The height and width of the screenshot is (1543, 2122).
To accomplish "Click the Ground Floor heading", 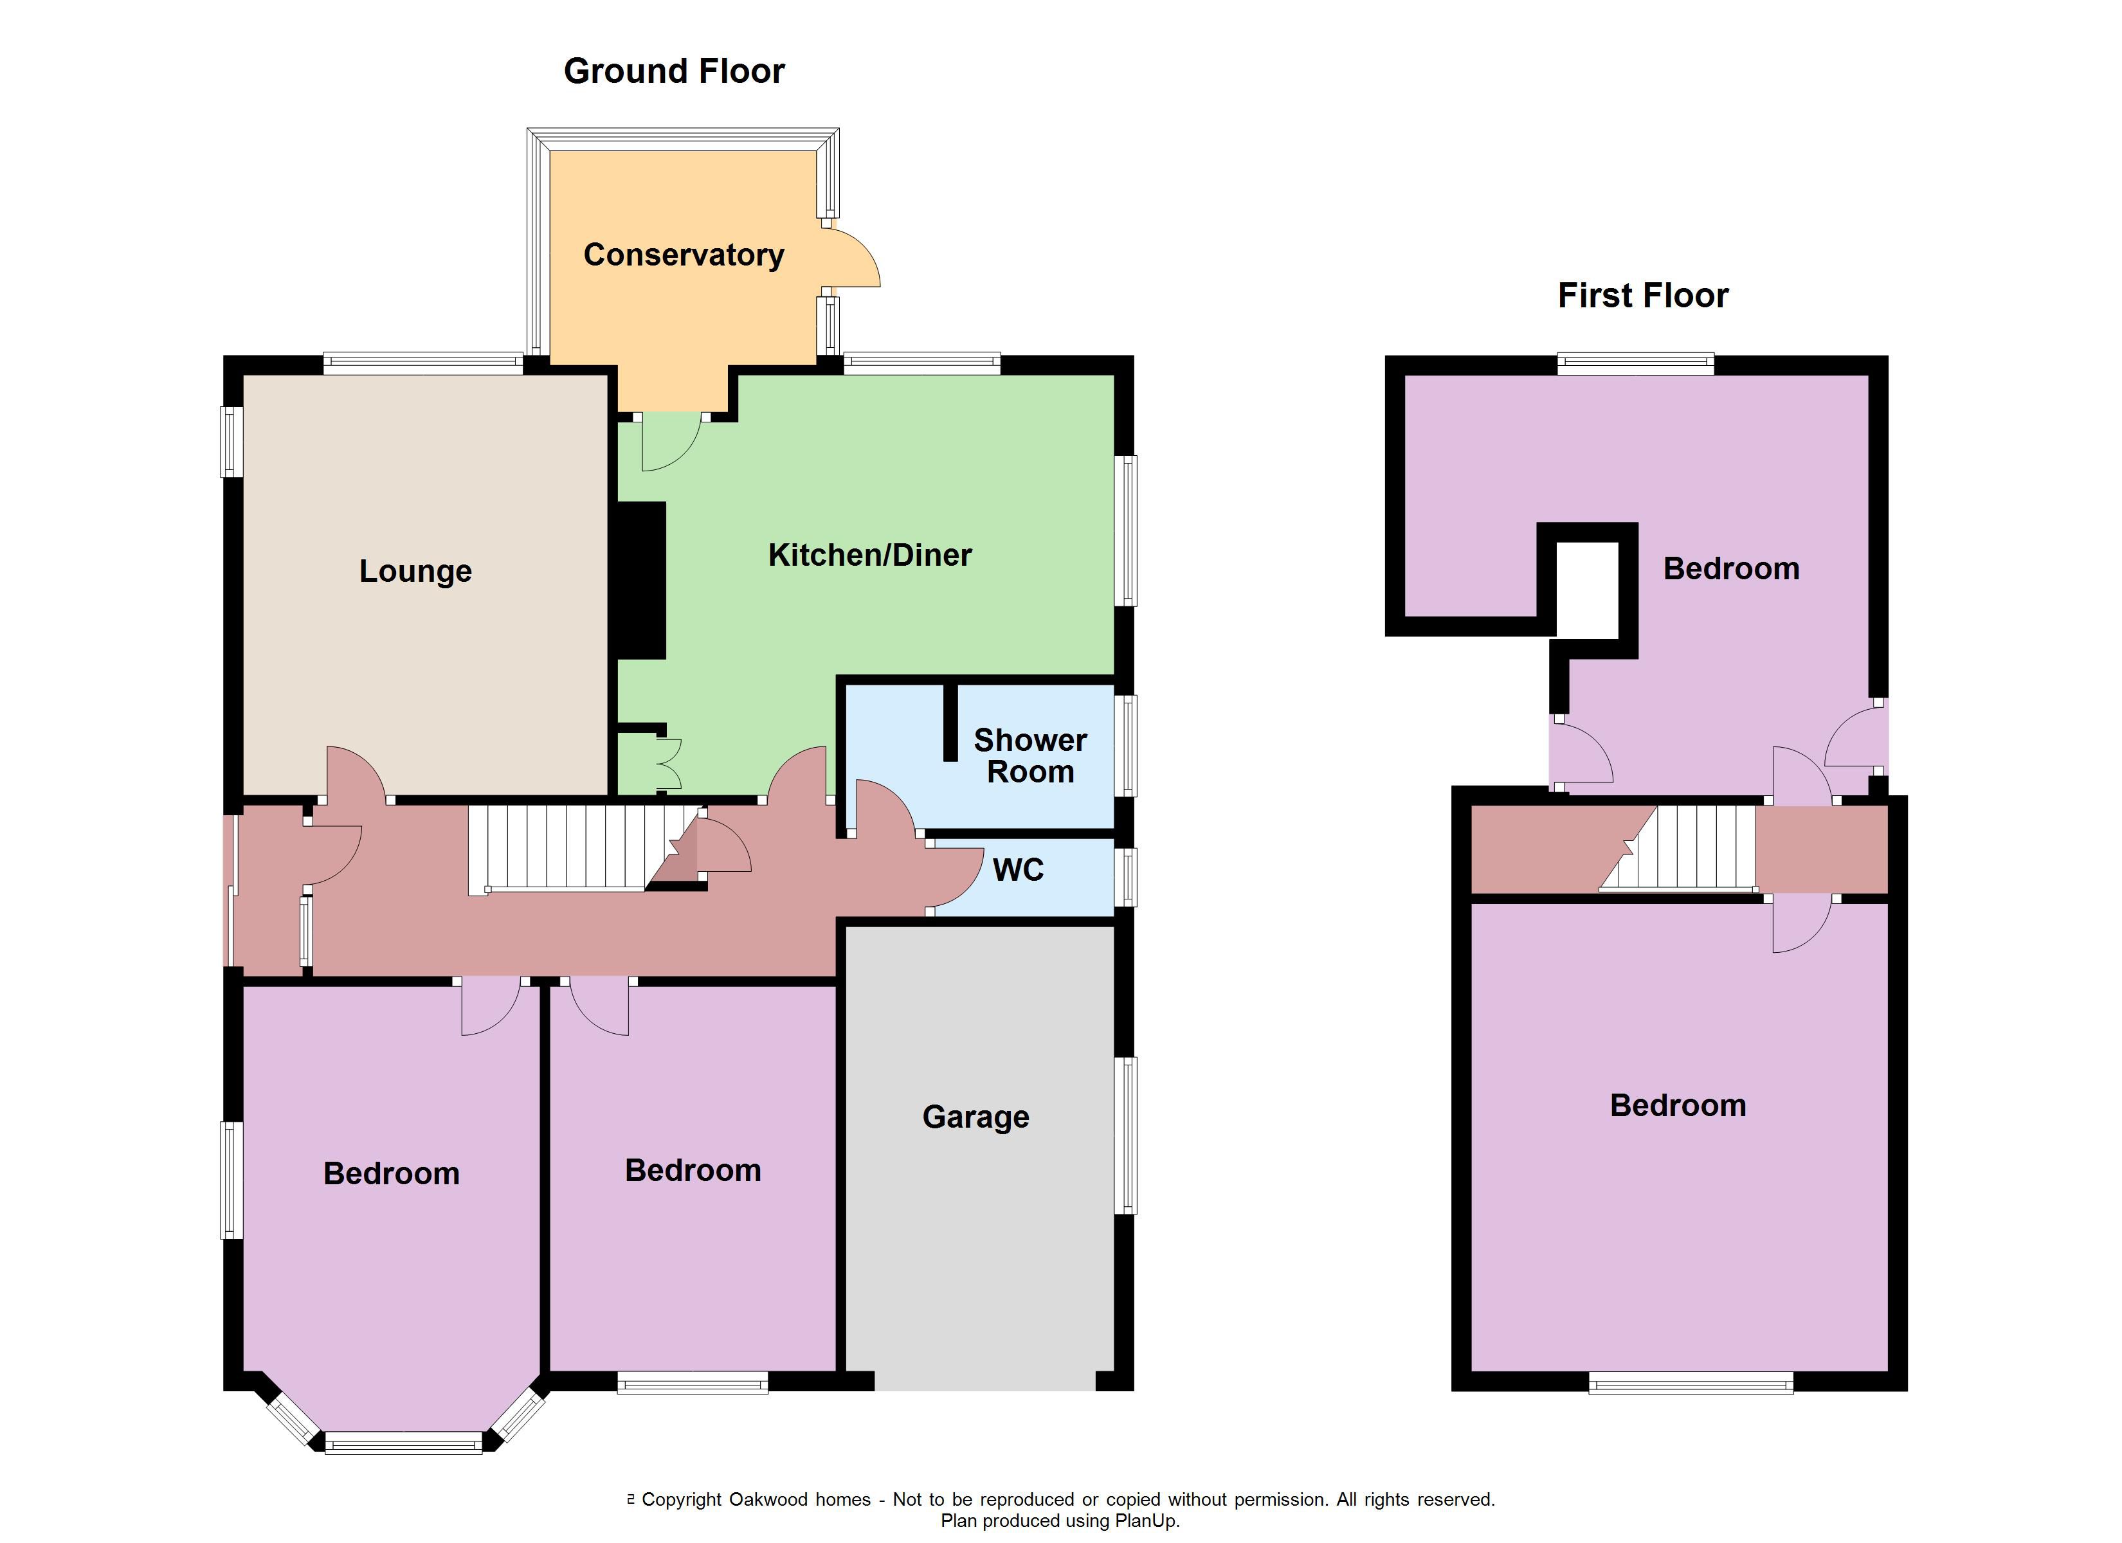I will (674, 71).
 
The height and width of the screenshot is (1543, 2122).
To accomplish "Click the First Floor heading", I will (1642, 296).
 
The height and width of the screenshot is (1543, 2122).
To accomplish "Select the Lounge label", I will (415, 571).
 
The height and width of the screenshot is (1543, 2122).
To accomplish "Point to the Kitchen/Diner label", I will (869, 555).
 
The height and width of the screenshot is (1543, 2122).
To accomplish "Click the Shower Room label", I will (1029, 756).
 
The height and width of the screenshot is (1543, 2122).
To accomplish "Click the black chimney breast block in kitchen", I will (640, 580).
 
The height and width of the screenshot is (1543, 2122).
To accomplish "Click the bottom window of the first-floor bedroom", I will (1690, 1383).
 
